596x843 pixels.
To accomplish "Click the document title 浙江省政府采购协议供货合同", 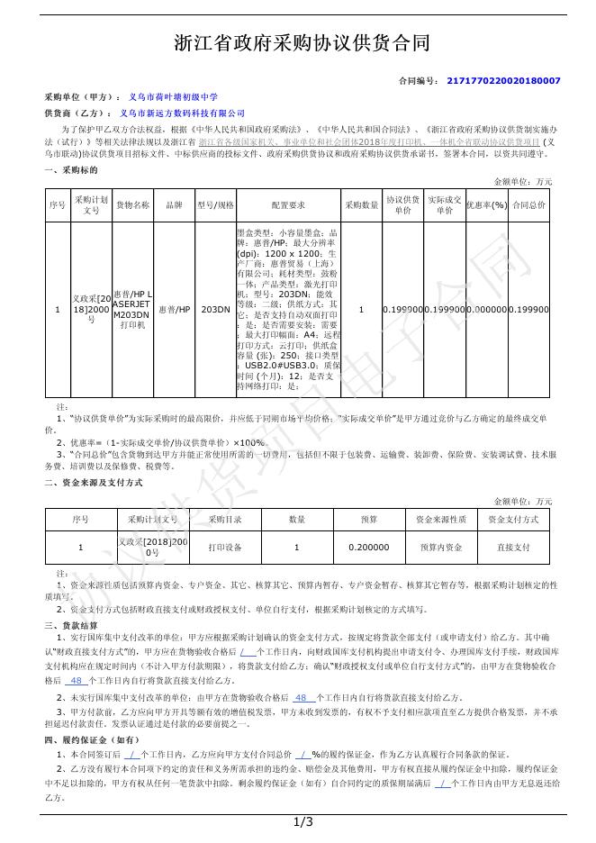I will point(302,43).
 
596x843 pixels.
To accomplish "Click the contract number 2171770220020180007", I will point(503,81).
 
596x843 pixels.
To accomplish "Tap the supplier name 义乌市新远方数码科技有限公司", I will point(182,114).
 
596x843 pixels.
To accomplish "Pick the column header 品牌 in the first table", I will point(174,204).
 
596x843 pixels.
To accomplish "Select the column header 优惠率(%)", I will point(486,204).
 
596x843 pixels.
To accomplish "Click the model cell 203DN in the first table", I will point(215,310).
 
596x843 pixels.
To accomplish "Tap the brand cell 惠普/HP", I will point(174,310).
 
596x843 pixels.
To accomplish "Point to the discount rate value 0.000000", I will point(486,310).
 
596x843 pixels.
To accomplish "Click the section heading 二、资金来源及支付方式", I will point(94,483).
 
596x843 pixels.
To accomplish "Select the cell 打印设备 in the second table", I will point(225,546).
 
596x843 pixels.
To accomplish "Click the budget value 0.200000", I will point(369,546).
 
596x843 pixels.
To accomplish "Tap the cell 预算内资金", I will point(441,546).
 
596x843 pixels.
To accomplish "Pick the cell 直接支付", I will point(513,546).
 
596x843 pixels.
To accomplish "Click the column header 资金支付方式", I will point(513,520).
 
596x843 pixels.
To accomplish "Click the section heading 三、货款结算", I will point(72,625).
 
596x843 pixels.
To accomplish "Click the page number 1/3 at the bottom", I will point(303,822).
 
